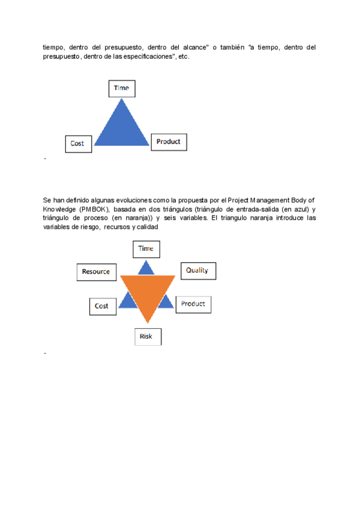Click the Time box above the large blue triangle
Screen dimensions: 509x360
click(122, 88)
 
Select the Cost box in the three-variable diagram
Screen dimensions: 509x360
click(78, 143)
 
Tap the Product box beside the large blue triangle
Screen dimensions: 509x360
click(169, 142)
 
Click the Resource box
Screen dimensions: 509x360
click(96, 271)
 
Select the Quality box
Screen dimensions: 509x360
click(197, 271)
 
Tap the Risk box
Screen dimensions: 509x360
click(146, 336)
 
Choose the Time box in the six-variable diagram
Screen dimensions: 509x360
click(146, 248)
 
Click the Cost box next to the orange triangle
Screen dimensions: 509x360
click(102, 306)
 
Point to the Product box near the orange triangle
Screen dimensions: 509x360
click(193, 304)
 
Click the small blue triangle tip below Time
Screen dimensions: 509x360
click(146, 268)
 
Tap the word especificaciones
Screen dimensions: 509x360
click(148, 56)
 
